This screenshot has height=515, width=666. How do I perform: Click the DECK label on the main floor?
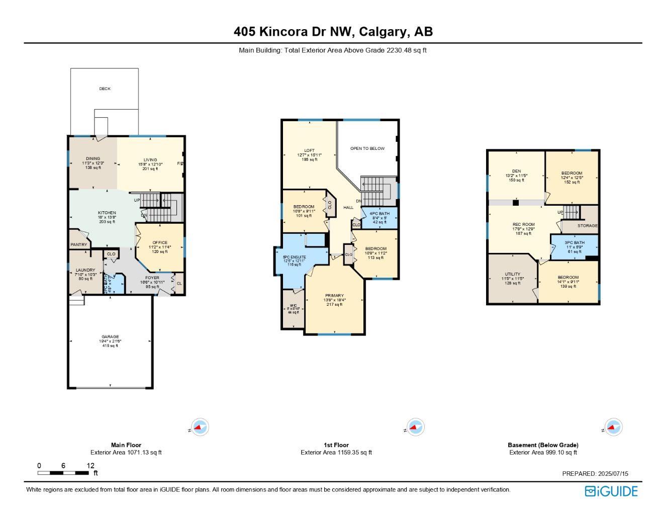click(x=105, y=89)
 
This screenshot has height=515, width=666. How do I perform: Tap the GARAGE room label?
click(x=110, y=337)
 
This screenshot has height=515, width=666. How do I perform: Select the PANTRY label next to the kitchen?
click(x=79, y=245)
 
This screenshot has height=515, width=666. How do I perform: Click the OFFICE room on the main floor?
click(x=160, y=243)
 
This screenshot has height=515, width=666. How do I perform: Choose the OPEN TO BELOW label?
click(x=367, y=149)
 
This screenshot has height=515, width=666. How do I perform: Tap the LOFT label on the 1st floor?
click(x=309, y=151)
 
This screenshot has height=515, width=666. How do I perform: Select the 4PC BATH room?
click(x=379, y=214)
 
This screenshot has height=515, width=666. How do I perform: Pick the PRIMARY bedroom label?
click(x=334, y=296)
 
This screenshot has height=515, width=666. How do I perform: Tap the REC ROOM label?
click(x=523, y=225)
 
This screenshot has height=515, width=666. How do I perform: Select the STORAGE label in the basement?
click(x=587, y=226)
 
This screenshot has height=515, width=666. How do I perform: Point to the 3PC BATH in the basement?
click(x=575, y=243)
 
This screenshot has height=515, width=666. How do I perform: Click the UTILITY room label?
click(x=512, y=275)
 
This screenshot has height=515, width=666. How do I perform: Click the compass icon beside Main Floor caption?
click(x=200, y=427)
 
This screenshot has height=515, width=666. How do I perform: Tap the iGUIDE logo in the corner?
click(x=611, y=491)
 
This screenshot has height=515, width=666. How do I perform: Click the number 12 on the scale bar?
click(x=90, y=466)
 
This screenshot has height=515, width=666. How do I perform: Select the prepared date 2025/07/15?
click(x=612, y=474)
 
